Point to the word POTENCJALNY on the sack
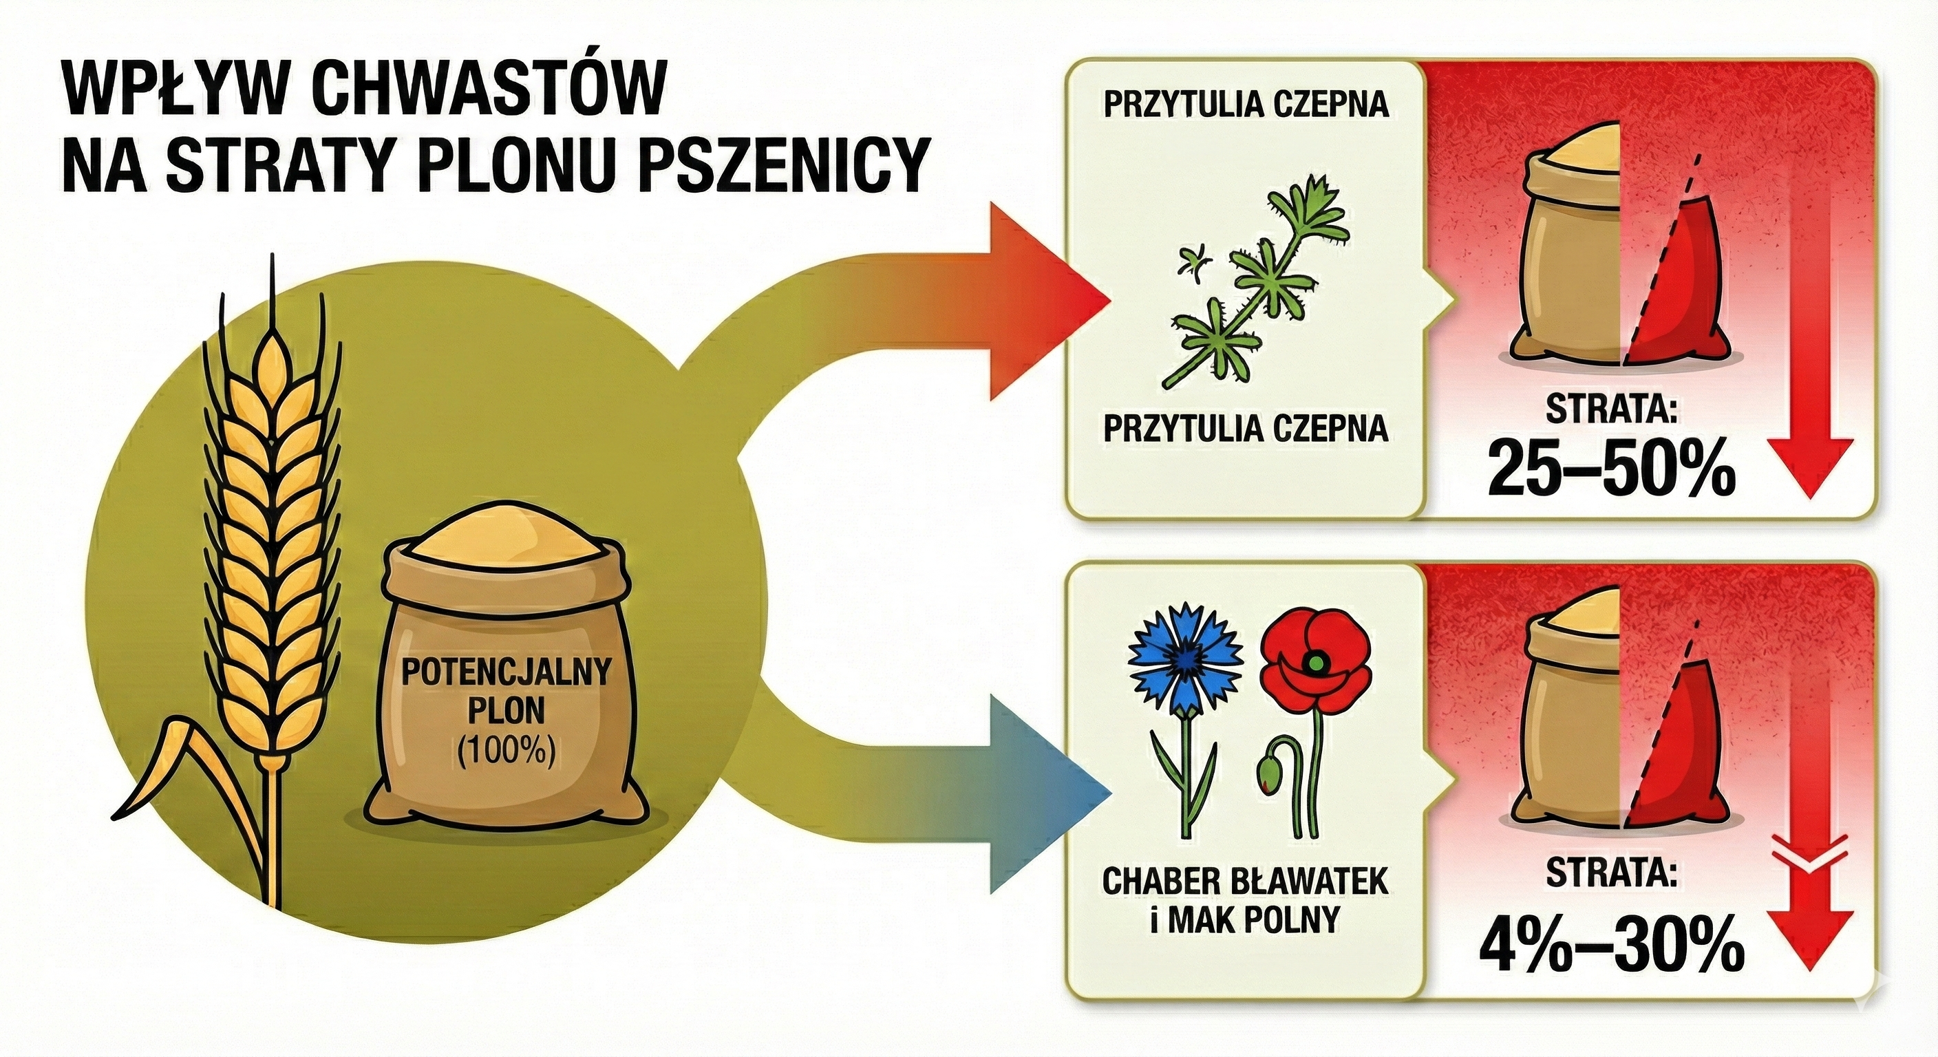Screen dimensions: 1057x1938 [506, 672]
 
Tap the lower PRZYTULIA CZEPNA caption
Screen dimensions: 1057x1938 [1246, 429]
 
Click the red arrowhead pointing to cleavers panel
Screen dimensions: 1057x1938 [1053, 301]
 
